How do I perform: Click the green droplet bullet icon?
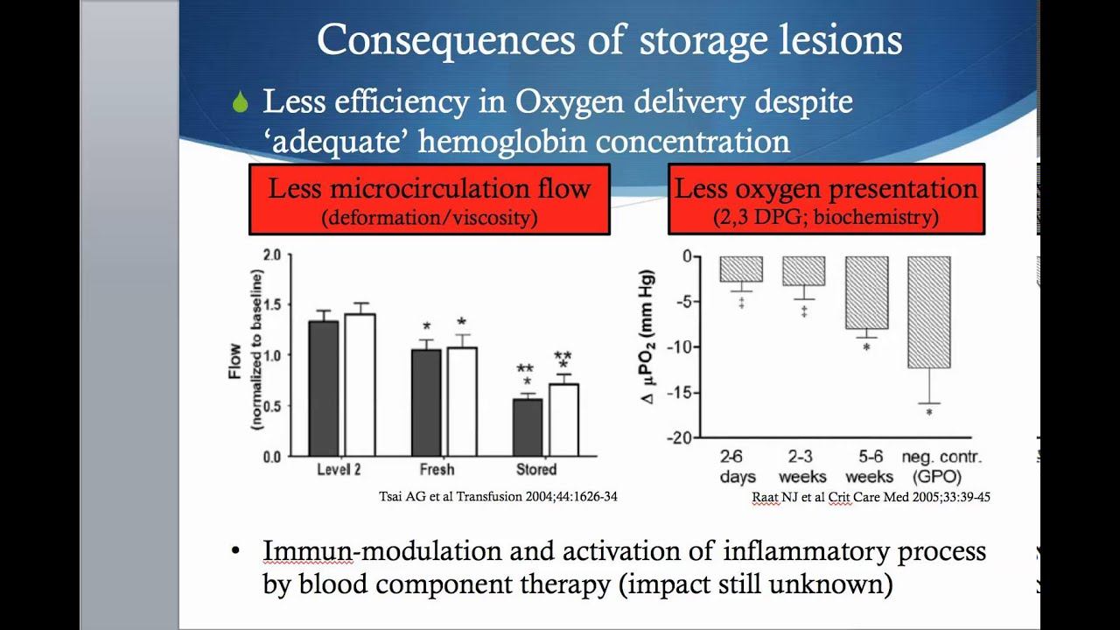[x=241, y=103]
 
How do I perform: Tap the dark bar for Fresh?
[x=426, y=402]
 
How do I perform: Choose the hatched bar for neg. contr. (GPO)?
[x=929, y=311]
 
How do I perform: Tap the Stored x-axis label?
[x=536, y=470]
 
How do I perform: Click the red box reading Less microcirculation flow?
[x=429, y=199]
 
